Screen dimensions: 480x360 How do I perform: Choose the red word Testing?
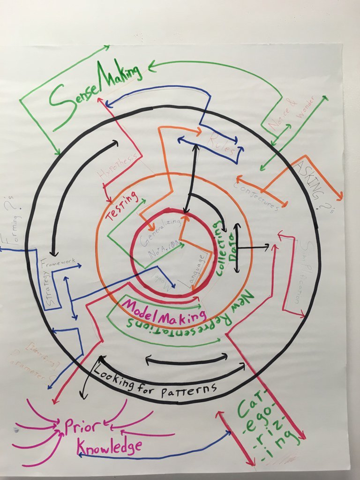click(122, 206)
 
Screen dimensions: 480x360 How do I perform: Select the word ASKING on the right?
click(310, 180)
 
